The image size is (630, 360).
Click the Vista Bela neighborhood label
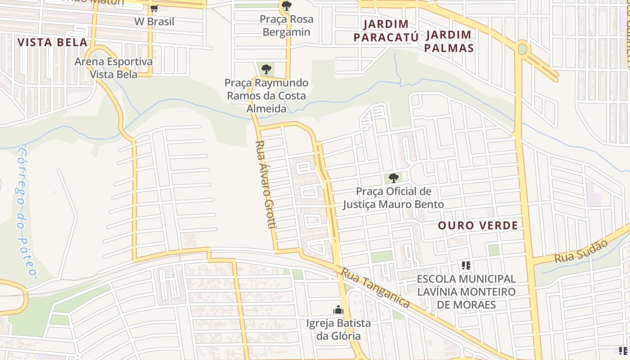tap(52, 43)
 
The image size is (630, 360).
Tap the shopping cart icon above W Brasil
tap(154, 8)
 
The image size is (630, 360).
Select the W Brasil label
tap(154, 22)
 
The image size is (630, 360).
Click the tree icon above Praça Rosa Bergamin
tap(286, 6)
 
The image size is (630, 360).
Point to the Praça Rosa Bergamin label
tap(287, 26)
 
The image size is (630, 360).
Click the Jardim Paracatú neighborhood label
tap(386, 31)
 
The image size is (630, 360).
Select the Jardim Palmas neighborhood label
tap(449, 41)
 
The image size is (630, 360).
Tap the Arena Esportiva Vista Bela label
tap(114, 68)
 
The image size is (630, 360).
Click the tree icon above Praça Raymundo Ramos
tap(266, 69)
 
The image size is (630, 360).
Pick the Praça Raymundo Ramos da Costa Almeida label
tap(266, 96)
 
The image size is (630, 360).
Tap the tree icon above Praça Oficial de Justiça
tap(394, 178)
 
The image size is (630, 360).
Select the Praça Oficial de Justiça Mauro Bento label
tap(393, 198)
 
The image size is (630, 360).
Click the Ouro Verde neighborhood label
tap(478, 225)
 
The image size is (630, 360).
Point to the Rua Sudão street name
tap(581, 251)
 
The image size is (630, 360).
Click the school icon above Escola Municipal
tap(466, 265)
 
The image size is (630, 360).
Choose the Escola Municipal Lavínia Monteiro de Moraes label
tap(466, 292)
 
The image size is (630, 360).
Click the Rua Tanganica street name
tap(375, 288)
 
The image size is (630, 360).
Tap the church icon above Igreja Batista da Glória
tap(338, 310)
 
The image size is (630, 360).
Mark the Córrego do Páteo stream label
tap(26, 211)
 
